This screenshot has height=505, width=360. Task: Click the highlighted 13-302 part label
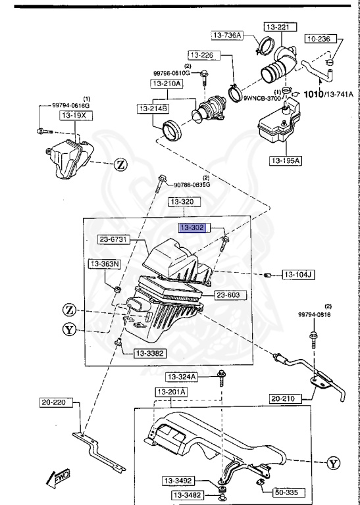pyautogui.click(x=192, y=228)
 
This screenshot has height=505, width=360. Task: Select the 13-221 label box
pyautogui.click(x=280, y=27)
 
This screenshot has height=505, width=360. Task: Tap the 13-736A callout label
pyautogui.click(x=227, y=36)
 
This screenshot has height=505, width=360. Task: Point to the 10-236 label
pyautogui.click(x=321, y=39)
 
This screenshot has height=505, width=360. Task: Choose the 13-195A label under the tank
pyautogui.click(x=286, y=160)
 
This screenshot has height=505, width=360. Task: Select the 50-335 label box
pyautogui.click(x=289, y=493)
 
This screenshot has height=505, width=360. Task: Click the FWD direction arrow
pyautogui.click(x=58, y=477)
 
